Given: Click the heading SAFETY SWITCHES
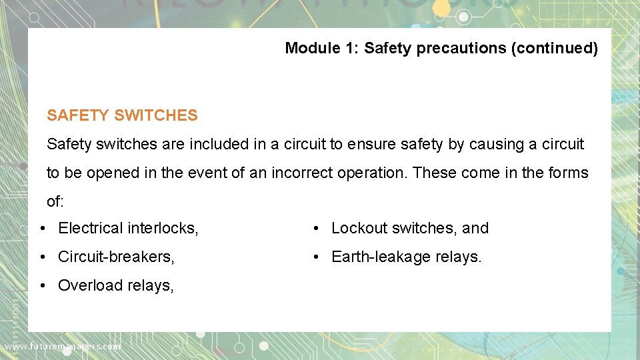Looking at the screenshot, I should click(122, 115).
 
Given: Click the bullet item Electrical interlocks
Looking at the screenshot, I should click(128, 228).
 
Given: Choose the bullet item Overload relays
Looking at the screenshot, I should click(116, 285).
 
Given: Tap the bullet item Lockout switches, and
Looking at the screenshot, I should click(409, 228).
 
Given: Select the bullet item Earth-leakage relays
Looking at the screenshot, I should click(406, 257).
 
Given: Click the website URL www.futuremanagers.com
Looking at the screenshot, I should click(63, 346).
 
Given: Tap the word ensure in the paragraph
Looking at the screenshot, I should click(369, 144).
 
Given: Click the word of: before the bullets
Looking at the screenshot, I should click(55, 201).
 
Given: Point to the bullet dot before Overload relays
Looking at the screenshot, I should click(42, 285).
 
